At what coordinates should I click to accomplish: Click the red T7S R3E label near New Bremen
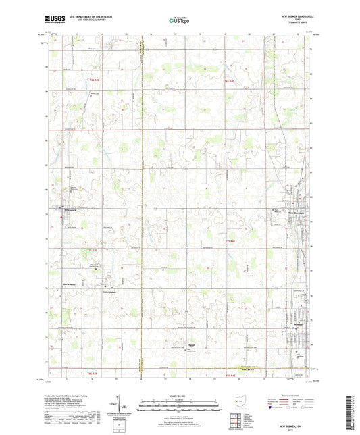tap(232, 240)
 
